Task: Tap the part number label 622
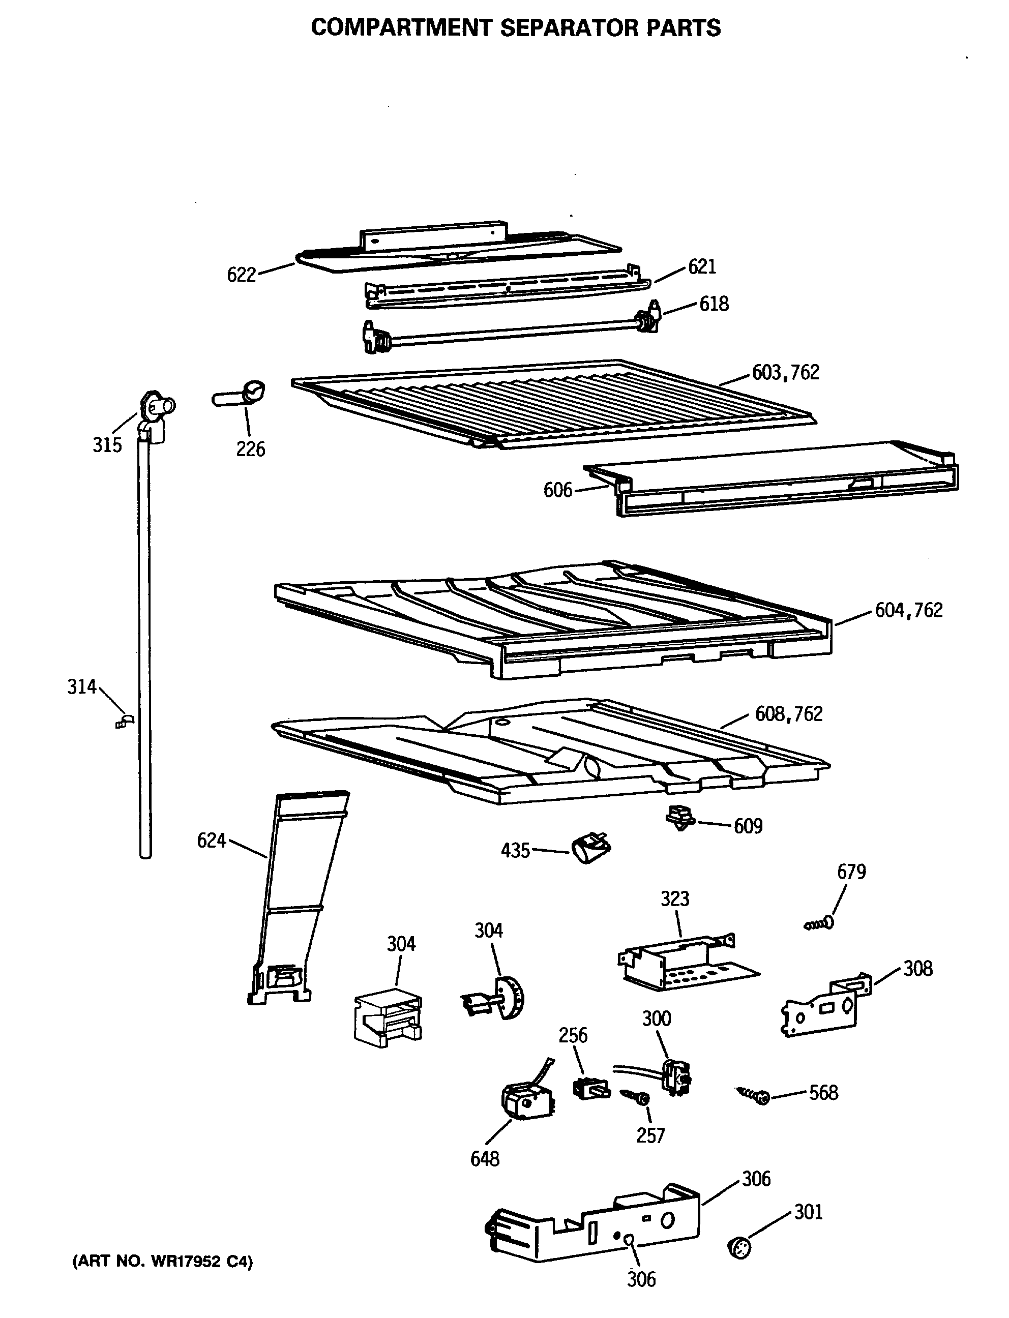pos(242,275)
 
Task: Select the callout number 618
pos(714,304)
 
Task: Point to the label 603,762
pos(786,372)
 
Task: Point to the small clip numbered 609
pos(680,818)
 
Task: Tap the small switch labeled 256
pos(590,1088)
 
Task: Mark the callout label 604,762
pos(908,610)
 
